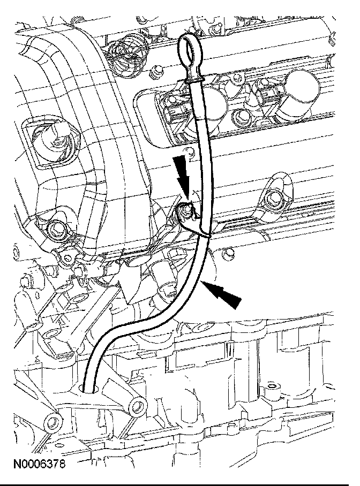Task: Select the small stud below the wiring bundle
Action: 156,70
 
